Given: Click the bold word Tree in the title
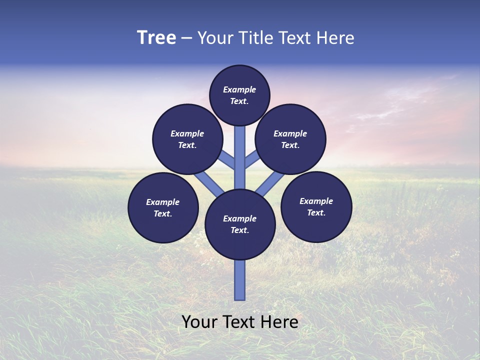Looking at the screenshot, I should [x=156, y=38].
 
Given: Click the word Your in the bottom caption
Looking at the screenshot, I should [x=200, y=322].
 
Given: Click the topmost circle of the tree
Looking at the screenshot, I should [x=239, y=95].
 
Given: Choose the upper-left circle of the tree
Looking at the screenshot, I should [x=187, y=139].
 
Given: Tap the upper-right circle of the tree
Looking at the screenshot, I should [x=290, y=139].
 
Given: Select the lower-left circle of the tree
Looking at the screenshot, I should [x=163, y=207].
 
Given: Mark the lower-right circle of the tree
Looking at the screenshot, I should [x=316, y=206].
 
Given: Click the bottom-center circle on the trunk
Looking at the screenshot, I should [x=240, y=224].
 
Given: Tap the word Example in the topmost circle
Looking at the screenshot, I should [x=239, y=89].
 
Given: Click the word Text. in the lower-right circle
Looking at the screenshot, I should [x=316, y=212].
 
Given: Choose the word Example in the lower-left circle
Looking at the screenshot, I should [x=163, y=202].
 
